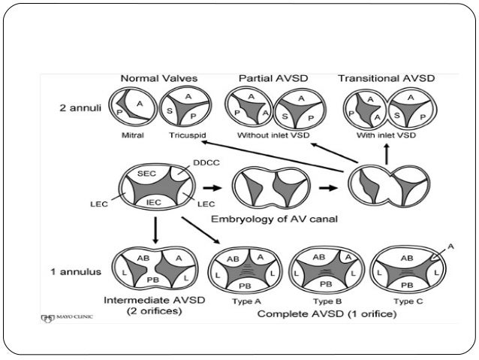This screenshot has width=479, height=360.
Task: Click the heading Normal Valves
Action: [x=160, y=78]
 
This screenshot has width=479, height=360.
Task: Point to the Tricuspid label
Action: [x=184, y=136]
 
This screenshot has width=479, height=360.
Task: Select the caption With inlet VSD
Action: [x=387, y=136]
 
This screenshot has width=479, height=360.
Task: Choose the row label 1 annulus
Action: [x=78, y=271]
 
